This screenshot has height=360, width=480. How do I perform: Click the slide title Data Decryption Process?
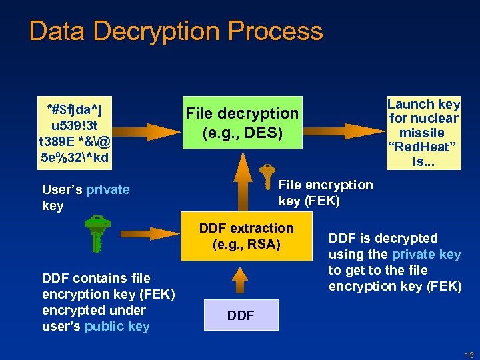click(176, 31)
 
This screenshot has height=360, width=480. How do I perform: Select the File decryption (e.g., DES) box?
click(243, 124)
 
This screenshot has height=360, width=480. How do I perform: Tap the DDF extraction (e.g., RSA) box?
click(246, 237)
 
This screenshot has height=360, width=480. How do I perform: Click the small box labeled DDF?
click(241, 315)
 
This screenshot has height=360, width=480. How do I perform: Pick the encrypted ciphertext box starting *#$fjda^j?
click(75, 133)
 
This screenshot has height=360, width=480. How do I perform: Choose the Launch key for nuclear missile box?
click(424, 133)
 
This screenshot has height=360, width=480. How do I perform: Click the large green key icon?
click(97, 233)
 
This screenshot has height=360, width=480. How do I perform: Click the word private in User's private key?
click(108, 190)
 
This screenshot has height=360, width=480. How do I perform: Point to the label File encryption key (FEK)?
click(325, 193)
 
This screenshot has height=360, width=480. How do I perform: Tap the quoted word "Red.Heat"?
click(424, 147)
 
